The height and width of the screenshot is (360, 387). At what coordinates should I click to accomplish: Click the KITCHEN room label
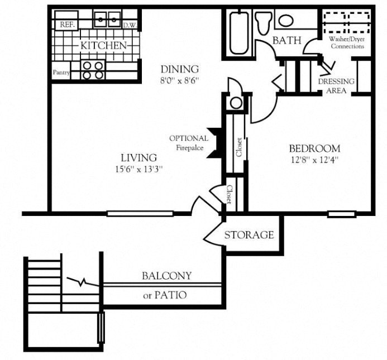(x=103, y=45)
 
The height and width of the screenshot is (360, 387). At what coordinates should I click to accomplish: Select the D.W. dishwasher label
(x=130, y=25)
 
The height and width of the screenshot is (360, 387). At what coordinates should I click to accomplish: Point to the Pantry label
(x=61, y=73)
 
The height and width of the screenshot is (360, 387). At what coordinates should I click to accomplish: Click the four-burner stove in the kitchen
(x=93, y=70)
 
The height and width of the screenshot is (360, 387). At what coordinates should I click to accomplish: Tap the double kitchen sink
(x=107, y=20)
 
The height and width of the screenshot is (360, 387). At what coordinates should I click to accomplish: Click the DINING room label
(x=179, y=69)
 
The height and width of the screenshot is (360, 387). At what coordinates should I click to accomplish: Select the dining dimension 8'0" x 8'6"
(x=179, y=80)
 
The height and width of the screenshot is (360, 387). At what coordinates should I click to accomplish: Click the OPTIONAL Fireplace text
(x=189, y=143)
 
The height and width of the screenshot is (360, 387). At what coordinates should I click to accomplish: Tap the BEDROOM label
(x=314, y=148)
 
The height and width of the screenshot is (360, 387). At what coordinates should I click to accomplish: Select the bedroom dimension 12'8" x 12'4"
(x=314, y=159)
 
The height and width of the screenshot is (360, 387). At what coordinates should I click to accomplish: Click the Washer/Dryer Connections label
(x=347, y=42)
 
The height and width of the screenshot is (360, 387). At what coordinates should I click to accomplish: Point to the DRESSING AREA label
(x=336, y=85)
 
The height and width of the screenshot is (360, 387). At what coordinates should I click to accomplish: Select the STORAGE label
(x=249, y=235)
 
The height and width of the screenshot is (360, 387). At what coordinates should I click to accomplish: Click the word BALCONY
(x=166, y=276)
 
